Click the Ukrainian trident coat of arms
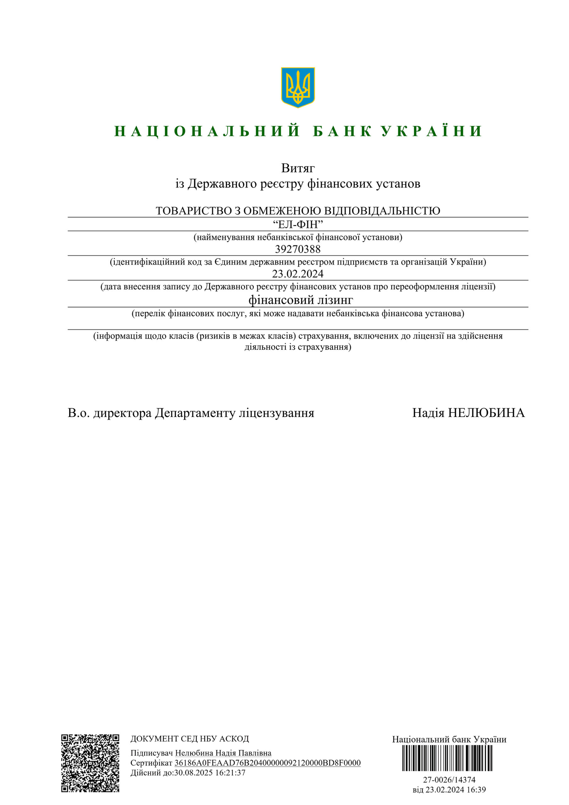click(x=298, y=87)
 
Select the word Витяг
click(x=298, y=168)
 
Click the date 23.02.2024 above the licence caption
click(x=298, y=274)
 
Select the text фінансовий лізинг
click(x=301, y=300)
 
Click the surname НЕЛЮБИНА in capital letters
click(x=486, y=413)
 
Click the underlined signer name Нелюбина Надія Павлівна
click(x=223, y=753)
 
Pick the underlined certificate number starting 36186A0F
click(x=268, y=763)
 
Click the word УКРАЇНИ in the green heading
click(x=432, y=131)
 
